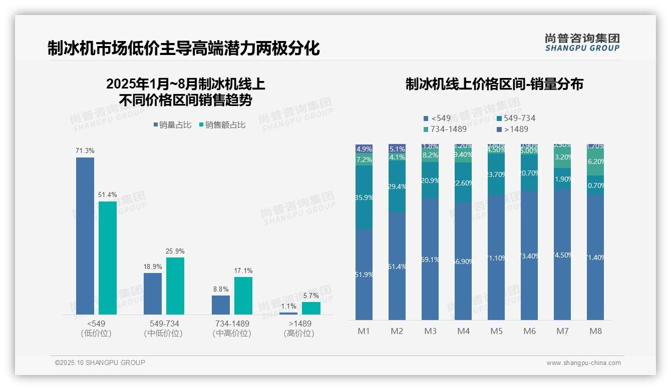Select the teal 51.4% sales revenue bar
pos(108,258)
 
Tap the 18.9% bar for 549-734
pos(153,293)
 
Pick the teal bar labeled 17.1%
pos(243,295)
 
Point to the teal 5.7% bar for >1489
pos(311,308)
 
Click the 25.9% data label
pos(175,251)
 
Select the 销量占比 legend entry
pos(172,125)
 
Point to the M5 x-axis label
pos(496,331)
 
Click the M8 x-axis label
pos(595,331)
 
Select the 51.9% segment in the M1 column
pos(364,274)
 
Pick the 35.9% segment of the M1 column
pos(364,197)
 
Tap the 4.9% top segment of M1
pos(364,149)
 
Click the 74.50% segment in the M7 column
pos(562,254)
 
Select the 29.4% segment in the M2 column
pos(397,186)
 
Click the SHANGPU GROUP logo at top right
pos(582,42)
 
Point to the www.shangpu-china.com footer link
pos(583,363)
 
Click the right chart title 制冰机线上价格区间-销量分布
pos(494,84)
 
